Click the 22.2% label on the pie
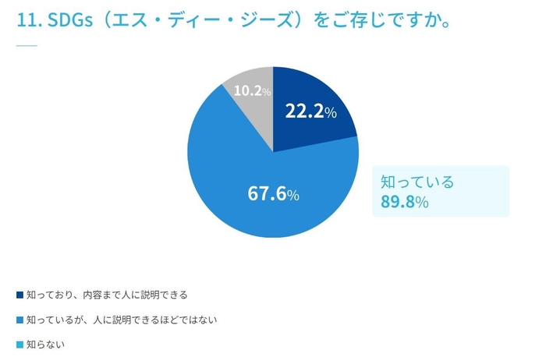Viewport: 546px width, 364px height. [x=310, y=111]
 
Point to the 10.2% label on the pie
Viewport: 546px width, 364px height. [x=252, y=91]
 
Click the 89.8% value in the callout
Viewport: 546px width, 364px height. [x=405, y=203]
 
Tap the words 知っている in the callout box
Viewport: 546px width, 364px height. [x=417, y=182]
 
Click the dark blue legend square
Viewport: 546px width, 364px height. [x=19, y=295]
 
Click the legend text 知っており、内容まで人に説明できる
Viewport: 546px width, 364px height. [x=108, y=295]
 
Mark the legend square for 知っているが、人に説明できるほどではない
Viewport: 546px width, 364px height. [x=19, y=320]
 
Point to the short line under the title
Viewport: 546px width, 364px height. [x=27, y=45]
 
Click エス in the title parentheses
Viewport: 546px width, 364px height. [x=139, y=21]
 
